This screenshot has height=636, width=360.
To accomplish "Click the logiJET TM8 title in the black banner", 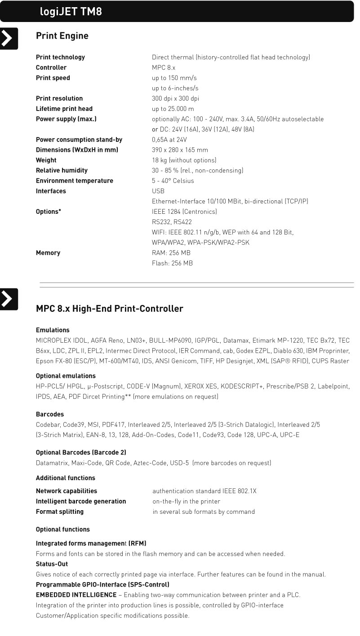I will click(x=71, y=12).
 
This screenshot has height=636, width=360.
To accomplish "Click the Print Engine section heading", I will click(x=62, y=36).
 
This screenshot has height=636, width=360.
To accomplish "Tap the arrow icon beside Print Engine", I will click(x=9, y=39).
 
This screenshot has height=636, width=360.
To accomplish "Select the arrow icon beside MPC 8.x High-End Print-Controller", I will click(x=9, y=299).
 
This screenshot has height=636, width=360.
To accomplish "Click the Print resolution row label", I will click(x=59, y=98).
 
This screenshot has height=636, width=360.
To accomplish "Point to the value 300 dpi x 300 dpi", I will click(x=175, y=98).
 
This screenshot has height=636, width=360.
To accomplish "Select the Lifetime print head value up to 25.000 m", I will click(x=173, y=109).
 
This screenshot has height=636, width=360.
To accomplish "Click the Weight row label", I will click(x=46, y=160).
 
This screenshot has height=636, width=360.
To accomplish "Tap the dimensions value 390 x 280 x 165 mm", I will click(x=180, y=150).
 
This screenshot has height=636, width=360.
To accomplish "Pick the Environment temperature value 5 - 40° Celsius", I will click(x=173, y=181).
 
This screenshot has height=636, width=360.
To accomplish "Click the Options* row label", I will click(x=49, y=212).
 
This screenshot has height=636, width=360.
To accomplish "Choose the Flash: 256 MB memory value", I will click(x=172, y=263).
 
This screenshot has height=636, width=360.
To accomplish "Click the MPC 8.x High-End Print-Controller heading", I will click(x=110, y=309).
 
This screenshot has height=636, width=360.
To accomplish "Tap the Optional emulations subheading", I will click(x=66, y=376).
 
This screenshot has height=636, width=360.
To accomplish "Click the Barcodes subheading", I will click(x=50, y=414).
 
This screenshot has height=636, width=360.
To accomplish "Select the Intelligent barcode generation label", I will click(x=81, y=501).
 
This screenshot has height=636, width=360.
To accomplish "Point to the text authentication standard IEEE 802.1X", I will click(x=204, y=491).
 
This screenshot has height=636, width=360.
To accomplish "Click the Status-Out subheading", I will click(x=52, y=564).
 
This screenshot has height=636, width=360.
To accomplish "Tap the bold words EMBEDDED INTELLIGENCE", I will click(x=76, y=595).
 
